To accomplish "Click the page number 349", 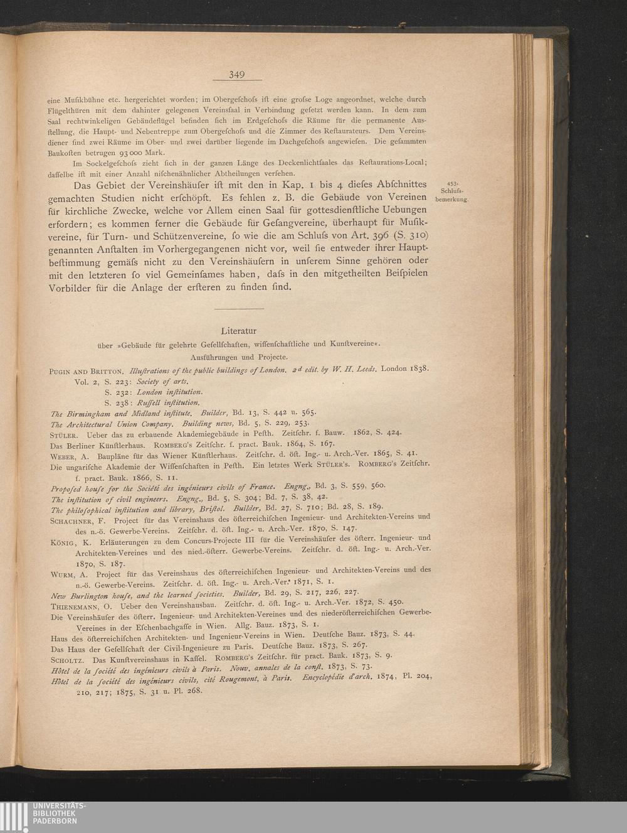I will (x=236, y=75).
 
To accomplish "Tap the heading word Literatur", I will (x=239, y=330).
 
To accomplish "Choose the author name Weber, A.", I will (x=69, y=455).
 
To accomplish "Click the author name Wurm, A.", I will (x=70, y=574).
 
